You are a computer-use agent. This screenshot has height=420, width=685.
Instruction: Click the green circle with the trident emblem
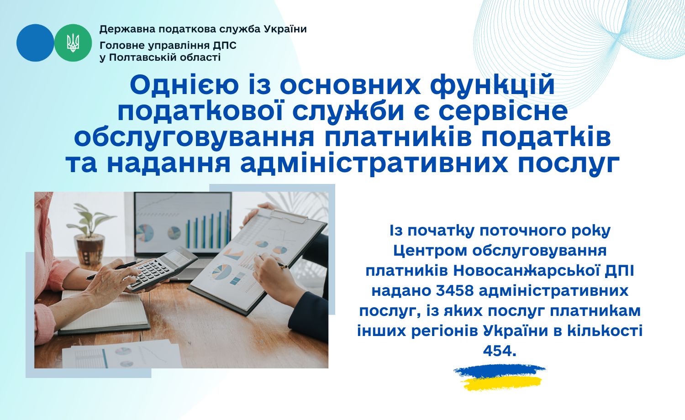[x=73, y=43]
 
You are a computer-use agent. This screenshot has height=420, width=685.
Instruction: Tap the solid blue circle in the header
[x=35, y=43]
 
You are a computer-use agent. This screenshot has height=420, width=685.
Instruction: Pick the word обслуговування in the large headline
[x=194, y=137]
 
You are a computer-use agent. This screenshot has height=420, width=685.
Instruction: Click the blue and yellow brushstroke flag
[x=500, y=378]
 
